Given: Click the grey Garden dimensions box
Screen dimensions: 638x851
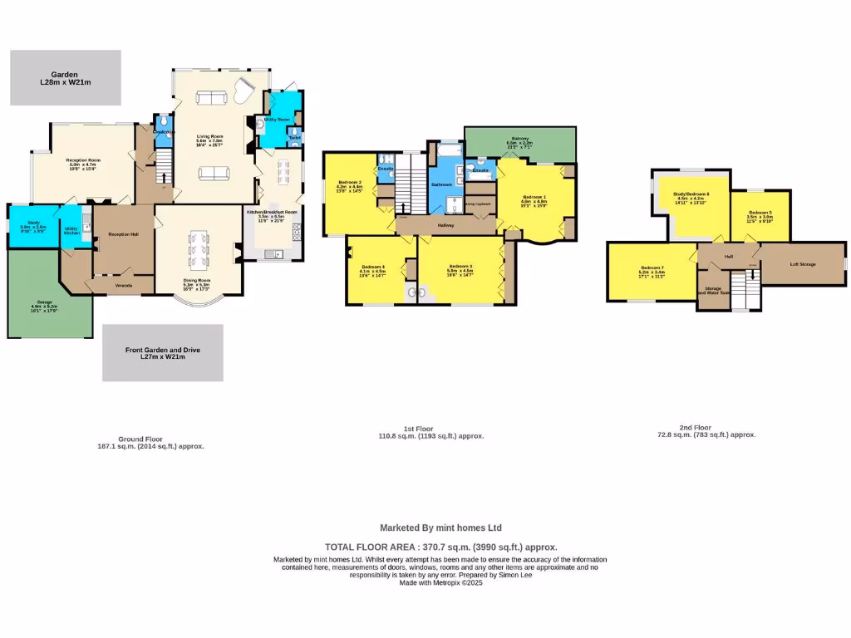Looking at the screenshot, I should pos(65,78).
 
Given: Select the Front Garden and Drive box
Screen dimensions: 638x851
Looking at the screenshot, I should pos(163,352).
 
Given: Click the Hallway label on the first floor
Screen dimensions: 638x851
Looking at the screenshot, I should pos(445,225).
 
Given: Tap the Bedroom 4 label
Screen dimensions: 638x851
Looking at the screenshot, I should pos(372,267).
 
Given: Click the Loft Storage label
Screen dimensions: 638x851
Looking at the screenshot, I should pos(802,264).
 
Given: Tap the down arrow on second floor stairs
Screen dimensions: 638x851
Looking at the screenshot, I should pos(753,267).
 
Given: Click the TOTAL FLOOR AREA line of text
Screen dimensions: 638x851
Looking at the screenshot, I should pos(440,547).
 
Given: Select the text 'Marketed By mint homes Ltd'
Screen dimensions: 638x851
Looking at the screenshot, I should pos(440,528).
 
